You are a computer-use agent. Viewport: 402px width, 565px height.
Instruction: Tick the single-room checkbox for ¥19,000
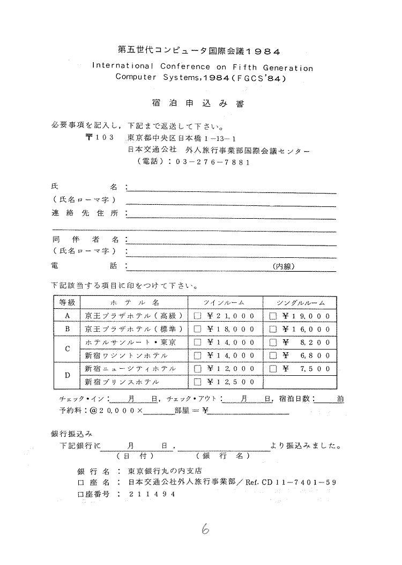tap(273, 316)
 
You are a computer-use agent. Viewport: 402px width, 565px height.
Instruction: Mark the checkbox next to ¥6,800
tap(273, 355)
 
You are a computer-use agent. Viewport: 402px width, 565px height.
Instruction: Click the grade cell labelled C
tap(68, 349)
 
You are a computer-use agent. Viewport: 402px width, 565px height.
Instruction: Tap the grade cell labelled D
tap(68, 375)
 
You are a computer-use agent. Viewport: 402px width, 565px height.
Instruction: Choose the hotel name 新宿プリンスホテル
tap(118, 382)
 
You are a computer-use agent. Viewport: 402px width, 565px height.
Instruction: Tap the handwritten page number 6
tap(205, 529)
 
